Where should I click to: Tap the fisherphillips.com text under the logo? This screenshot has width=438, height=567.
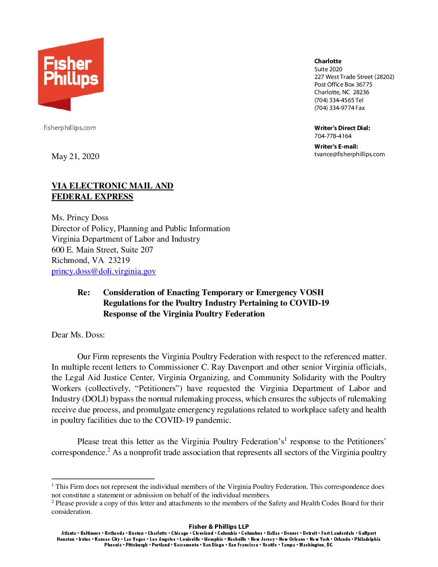click(x=70, y=128)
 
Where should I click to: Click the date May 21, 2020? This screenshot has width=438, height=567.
click(x=75, y=156)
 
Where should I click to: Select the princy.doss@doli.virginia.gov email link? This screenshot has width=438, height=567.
click(x=103, y=271)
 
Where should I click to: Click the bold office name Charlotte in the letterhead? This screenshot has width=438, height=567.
click(x=328, y=61)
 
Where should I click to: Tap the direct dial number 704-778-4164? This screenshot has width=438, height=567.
click(x=333, y=136)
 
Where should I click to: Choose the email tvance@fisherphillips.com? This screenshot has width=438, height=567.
click(x=349, y=154)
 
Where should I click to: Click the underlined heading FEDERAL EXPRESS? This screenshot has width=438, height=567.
click(x=92, y=197)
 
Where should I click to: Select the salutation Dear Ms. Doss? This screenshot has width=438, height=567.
click(x=78, y=335)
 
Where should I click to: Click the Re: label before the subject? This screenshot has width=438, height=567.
click(x=84, y=292)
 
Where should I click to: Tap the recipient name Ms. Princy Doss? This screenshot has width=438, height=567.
click(x=80, y=217)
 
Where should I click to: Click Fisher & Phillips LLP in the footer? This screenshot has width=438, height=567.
click(x=219, y=526)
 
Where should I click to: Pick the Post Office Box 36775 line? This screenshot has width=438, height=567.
click(x=343, y=85)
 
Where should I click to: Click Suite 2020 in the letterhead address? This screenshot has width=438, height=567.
click(x=328, y=69)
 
